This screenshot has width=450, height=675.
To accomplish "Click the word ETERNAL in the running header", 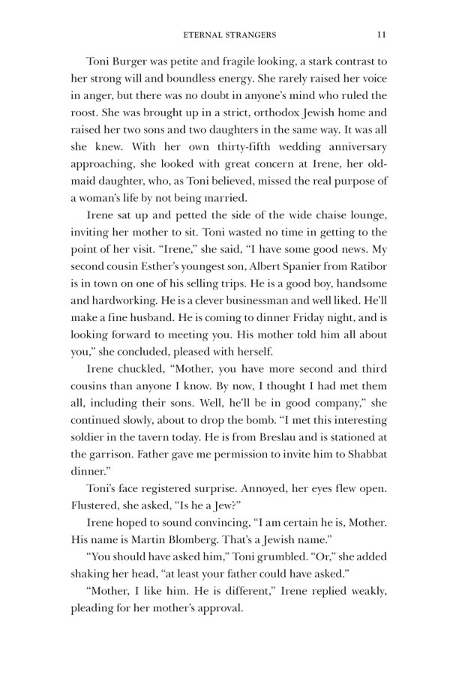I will (x=205, y=34).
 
